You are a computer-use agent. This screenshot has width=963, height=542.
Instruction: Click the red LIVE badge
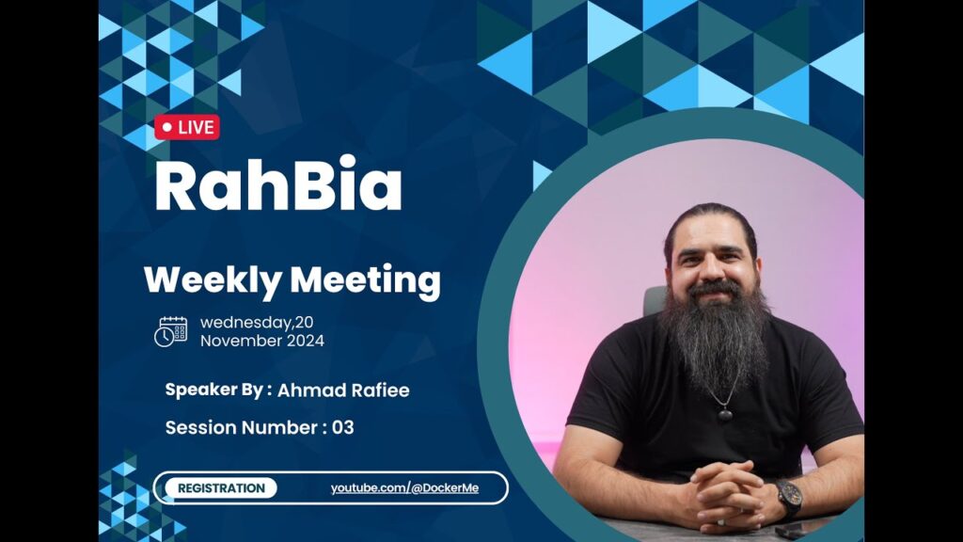point(187,127)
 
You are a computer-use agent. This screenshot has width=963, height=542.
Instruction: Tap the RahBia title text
point(278,184)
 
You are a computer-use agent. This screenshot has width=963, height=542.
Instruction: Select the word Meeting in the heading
point(366,280)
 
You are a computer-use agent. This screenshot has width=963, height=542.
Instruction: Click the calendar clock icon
point(171,332)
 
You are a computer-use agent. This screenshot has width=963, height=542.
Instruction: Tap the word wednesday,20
point(257,323)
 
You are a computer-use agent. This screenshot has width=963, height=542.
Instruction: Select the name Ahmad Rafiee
point(343,391)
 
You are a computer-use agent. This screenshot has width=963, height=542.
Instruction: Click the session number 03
point(342,428)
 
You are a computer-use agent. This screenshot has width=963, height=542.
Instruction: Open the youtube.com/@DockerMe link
point(404,488)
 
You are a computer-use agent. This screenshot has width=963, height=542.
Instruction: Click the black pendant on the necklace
point(725,414)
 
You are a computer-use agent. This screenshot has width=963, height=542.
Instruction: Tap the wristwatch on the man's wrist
point(787,497)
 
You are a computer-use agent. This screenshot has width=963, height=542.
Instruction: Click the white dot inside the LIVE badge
point(167,127)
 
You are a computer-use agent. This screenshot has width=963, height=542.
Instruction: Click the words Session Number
point(242,428)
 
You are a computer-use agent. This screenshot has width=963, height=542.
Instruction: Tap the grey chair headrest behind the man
point(655,300)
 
